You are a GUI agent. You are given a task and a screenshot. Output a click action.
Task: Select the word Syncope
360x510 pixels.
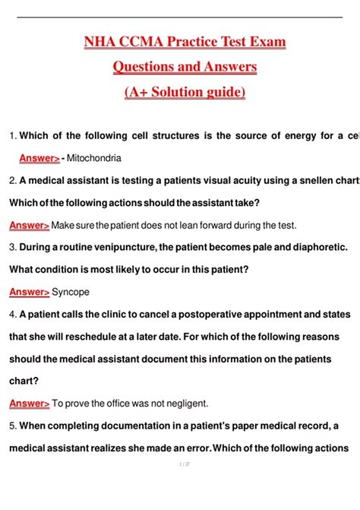(72, 291)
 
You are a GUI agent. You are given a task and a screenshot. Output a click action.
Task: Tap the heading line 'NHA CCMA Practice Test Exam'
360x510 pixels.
(185, 41)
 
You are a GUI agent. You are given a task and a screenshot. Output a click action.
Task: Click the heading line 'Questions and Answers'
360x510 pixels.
(185, 67)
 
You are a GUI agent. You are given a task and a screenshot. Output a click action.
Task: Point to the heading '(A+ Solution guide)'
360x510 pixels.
(185, 92)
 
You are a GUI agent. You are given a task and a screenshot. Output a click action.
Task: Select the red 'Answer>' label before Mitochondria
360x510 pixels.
(39, 158)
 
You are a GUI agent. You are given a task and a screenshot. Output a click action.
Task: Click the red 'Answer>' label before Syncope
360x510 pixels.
(30, 291)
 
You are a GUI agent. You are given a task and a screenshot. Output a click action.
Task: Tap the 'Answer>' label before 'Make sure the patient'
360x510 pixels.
(30, 225)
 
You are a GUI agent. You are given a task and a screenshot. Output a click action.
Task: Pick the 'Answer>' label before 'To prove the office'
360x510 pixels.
(30, 404)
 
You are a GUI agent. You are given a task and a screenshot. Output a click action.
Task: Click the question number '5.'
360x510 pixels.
(13, 426)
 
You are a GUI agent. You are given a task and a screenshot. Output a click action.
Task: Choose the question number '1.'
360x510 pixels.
(13, 136)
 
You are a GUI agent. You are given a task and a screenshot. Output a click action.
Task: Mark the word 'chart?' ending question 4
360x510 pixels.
(24, 382)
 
